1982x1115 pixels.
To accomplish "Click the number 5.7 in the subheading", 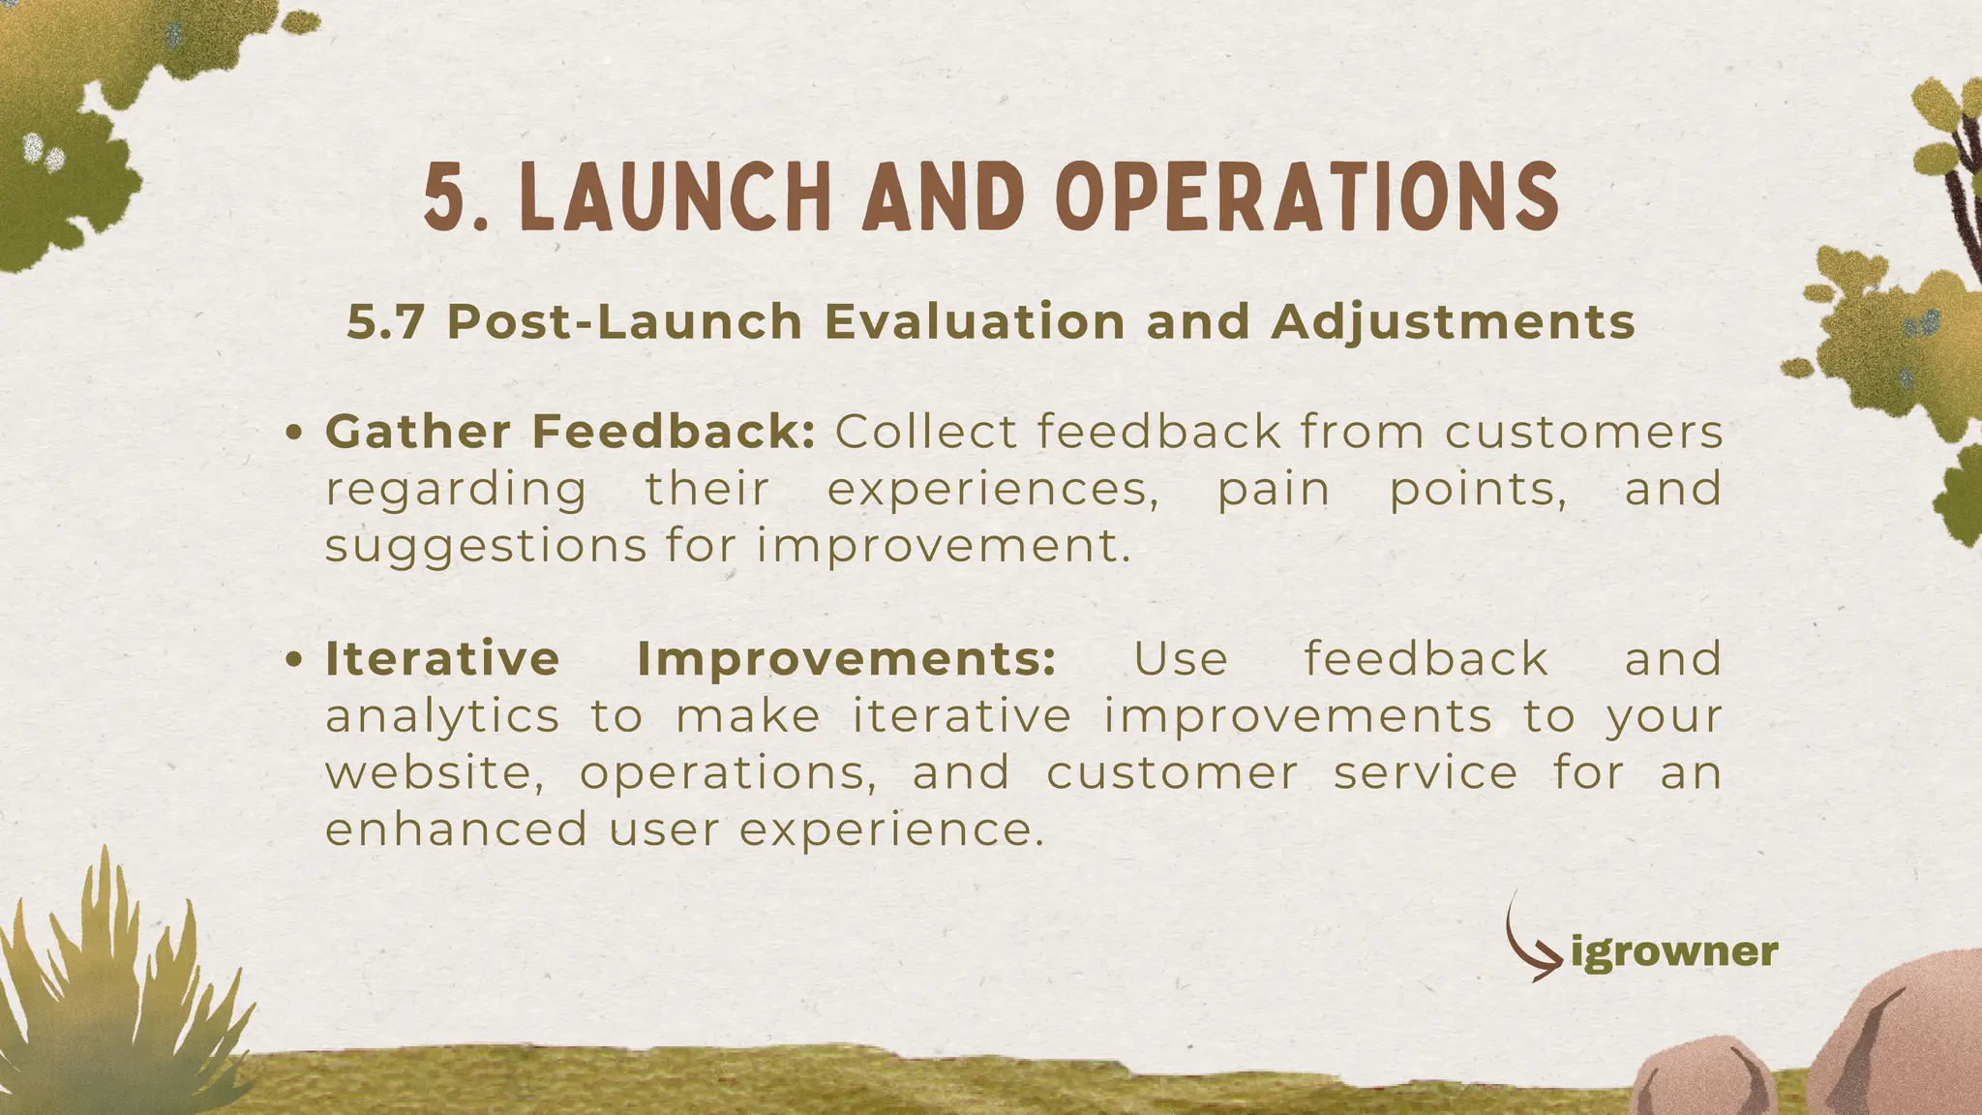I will (385, 322).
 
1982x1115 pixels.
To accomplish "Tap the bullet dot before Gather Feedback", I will (296, 434).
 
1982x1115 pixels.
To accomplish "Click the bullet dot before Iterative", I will (296, 661).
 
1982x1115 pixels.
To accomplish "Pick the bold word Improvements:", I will (846, 660).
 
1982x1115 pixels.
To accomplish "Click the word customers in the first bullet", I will (1583, 432).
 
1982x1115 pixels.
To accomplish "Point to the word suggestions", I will (485, 547).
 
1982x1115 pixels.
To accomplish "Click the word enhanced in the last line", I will (456, 830).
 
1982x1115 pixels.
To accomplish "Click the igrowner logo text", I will (1674, 952).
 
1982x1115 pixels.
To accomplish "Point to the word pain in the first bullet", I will (1273, 490).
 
